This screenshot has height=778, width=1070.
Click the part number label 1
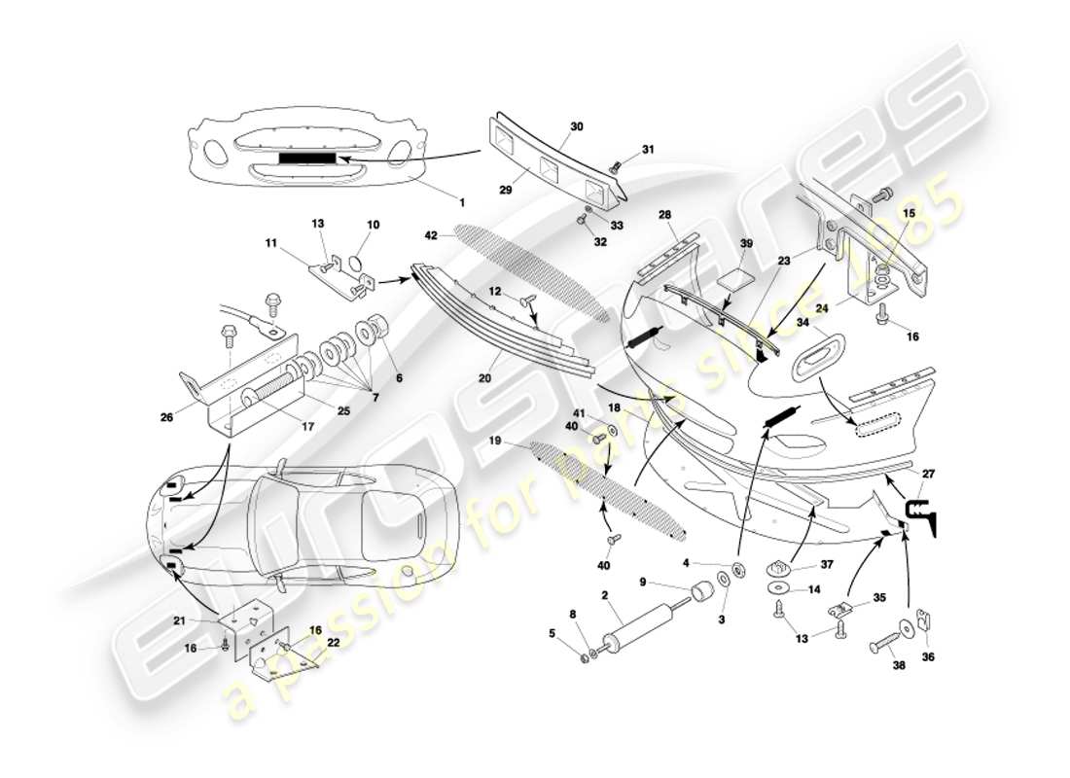(462, 202)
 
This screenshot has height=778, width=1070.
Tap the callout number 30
(577, 126)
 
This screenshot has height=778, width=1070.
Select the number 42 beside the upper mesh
(432, 235)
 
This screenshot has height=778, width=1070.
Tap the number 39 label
(747, 243)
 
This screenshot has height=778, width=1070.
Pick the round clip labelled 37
(784, 566)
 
